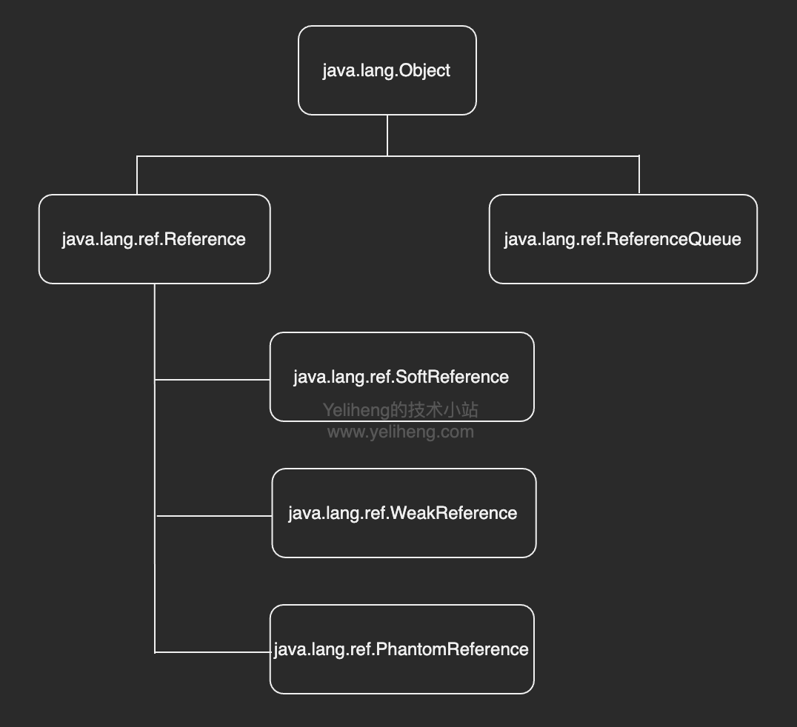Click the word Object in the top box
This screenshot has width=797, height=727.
coord(424,71)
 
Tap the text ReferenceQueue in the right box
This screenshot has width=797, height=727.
coord(673,239)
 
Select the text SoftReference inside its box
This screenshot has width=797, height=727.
coord(453,377)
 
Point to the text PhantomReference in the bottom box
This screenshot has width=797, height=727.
coord(452,649)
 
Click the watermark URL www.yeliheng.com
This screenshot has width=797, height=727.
coord(400,432)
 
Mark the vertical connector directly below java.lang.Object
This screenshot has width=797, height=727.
coord(387,135)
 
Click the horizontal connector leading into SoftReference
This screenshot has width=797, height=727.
coord(213,380)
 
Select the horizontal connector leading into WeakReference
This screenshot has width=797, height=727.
coord(214,516)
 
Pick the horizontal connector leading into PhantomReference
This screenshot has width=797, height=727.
coord(213,652)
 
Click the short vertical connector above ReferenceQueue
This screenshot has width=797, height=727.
coord(639,175)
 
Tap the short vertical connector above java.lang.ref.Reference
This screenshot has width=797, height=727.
coord(137,175)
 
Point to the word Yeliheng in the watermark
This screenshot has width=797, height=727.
coord(356,410)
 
